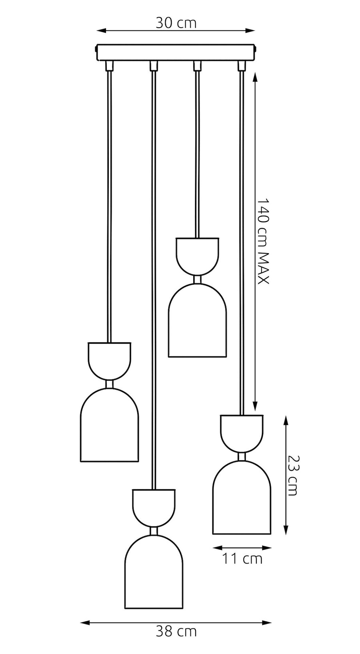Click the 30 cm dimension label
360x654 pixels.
[176, 23]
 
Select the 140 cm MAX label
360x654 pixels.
[263, 241]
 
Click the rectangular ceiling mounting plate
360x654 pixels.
[176, 52]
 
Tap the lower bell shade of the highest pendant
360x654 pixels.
[198, 320]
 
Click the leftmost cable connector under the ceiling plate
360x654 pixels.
[109, 66]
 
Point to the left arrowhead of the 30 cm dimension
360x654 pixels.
[101, 30]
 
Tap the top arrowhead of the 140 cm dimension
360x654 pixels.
[255, 78]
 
